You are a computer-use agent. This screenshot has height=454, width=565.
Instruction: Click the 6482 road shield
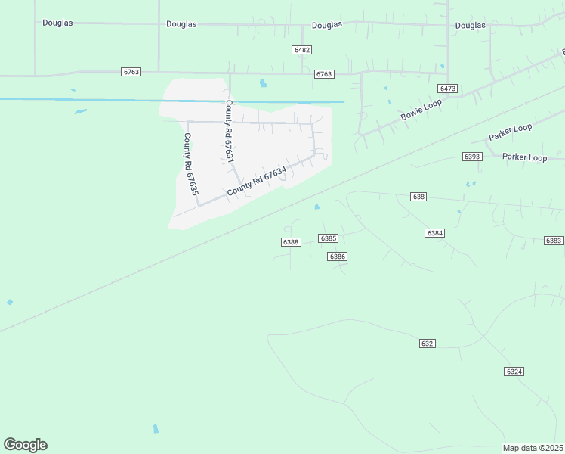[302, 49]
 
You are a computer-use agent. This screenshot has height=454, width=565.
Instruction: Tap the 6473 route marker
[448, 89]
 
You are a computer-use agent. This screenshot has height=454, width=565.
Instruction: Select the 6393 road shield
[472, 157]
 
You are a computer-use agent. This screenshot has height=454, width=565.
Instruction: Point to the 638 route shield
[419, 196]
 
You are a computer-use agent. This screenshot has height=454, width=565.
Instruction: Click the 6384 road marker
[434, 233]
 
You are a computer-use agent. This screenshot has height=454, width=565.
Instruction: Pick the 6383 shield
[554, 241]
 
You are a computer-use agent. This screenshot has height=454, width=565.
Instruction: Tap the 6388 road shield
[291, 242]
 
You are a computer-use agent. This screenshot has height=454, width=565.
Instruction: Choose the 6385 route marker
[328, 238]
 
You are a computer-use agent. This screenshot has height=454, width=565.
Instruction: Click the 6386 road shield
[337, 257]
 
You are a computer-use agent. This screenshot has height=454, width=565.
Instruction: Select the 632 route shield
[427, 344]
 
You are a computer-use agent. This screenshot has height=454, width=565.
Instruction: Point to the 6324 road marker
[514, 372]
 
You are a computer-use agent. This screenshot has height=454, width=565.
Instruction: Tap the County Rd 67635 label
[190, 165]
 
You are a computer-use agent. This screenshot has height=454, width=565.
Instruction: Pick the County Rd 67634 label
[257, 182]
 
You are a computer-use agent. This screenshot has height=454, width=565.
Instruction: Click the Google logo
[25, 445]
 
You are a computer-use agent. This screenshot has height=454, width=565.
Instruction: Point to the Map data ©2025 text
[533, 447]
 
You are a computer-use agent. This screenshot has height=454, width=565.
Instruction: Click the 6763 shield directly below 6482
[324, 74]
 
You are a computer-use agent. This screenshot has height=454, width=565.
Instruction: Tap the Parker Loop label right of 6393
[524, 157]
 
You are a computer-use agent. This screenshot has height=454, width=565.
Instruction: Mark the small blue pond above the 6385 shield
[316, 207]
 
